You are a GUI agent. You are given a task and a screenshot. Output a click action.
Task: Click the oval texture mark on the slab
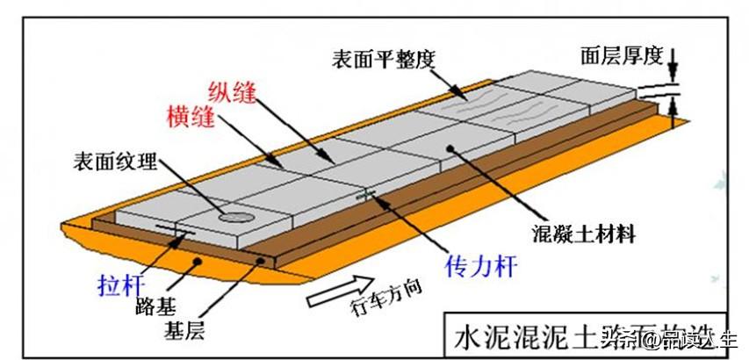(236, 215)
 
